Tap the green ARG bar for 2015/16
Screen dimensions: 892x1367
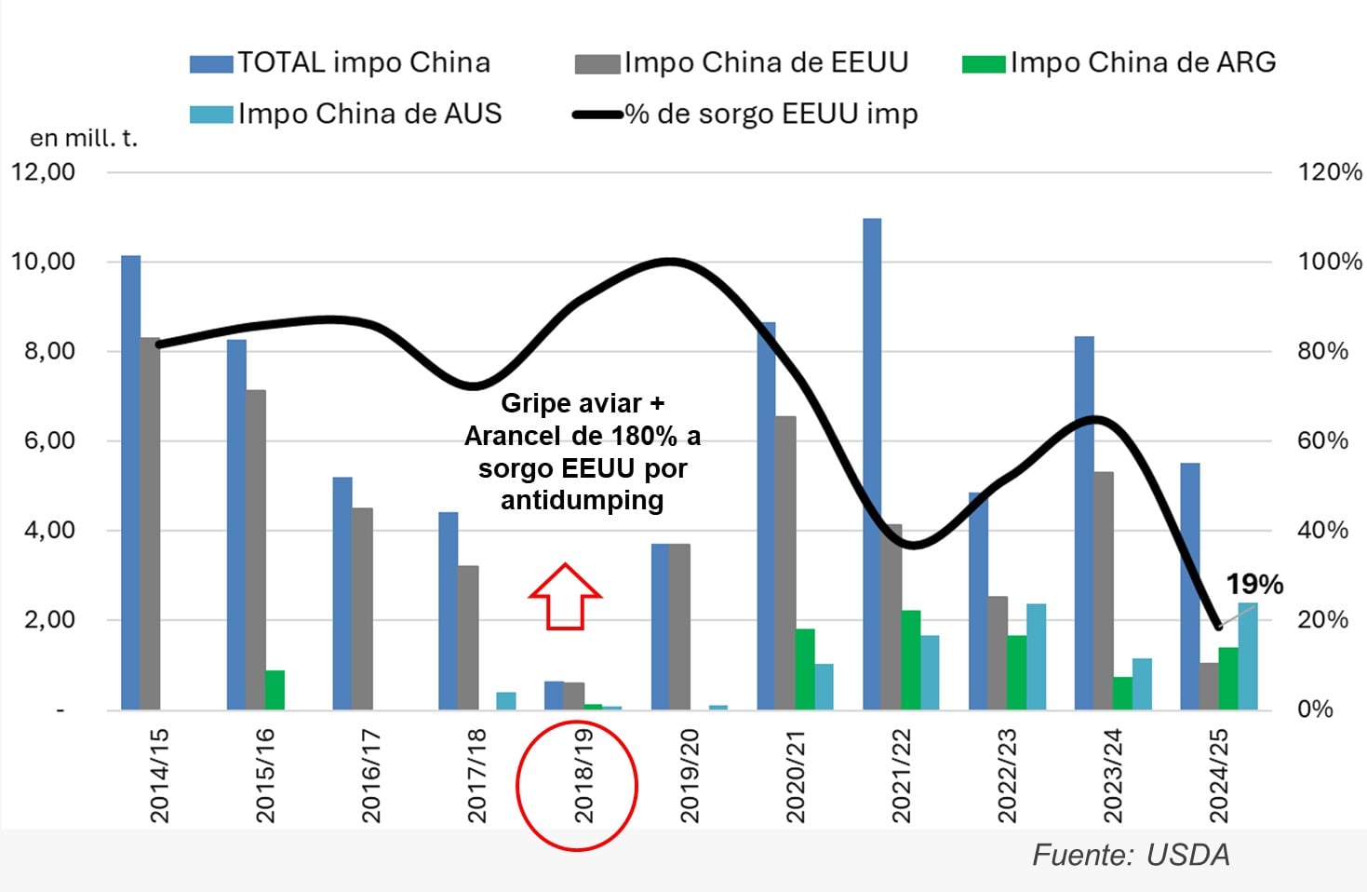pyautogui.click(x=275, y=690)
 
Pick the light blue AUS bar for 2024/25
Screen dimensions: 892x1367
pyautogui.click(x=1247, y=656)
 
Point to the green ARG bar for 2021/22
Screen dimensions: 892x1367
pyautogui.click(x=911, y=660)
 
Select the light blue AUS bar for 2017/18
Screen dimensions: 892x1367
pyautogui.click(x=505, y=700)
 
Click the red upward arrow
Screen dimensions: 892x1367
pyautogui.click(x=565, y=597)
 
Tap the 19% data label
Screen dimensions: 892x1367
pyautogui.click(x=1253, y=585)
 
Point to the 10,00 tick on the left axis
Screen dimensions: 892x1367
pyautogui.click(x=43, y=262)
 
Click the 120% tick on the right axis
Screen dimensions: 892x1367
pyautogui.click(x=1329, y=172)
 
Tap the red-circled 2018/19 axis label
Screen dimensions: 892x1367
pyautogui.click(x=583, y=776)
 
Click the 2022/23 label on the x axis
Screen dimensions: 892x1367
pyautogui.click(x=1007, y=776)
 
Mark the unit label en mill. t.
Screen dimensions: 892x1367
pyautogui.click(x=84, y=139)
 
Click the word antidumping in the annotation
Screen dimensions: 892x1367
pyautogui.click(x=583, y=501)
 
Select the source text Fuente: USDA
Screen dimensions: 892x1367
pyautogui.click(x=1131, y=855)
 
